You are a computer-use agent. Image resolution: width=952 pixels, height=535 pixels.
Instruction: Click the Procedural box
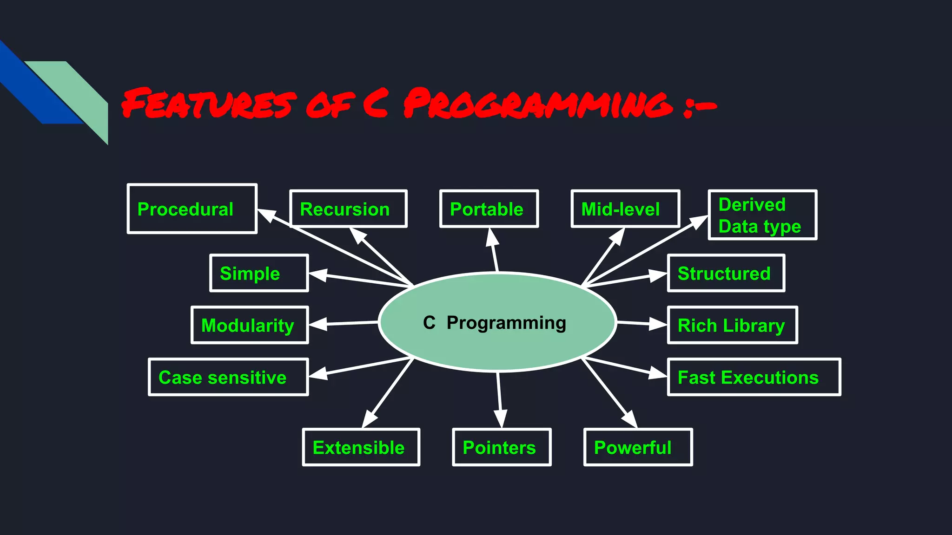point(192,209)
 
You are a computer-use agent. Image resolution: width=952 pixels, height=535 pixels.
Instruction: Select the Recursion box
point(348,209)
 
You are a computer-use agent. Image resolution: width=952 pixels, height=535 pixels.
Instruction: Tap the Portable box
point(489,209)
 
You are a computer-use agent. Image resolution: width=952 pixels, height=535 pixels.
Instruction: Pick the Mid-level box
point(625,209)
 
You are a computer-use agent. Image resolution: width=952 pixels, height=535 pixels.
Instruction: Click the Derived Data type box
point(762,215)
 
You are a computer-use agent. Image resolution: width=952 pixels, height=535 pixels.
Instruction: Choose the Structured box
point(726,273)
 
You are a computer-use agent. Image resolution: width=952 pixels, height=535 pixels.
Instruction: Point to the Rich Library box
point(732,325)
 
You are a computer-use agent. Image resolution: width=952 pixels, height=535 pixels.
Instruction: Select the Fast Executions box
point(754,377)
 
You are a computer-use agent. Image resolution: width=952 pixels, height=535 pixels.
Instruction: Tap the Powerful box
point(638,447)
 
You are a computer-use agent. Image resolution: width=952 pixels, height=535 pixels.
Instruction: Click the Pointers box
point(502,447)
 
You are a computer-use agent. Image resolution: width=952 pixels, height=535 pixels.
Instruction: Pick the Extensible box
point(361,447)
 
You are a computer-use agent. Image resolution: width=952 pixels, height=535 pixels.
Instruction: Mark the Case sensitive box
point(228,377)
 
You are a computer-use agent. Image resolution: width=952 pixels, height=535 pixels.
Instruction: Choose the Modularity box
point(250,325)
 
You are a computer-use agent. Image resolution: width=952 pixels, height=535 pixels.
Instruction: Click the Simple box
point(259,273)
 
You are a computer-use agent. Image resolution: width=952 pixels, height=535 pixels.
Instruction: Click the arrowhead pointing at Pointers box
point(501,419)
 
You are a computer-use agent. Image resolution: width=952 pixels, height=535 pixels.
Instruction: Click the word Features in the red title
point(208,103)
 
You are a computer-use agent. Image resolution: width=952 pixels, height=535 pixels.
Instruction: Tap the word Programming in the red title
point(538,103)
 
